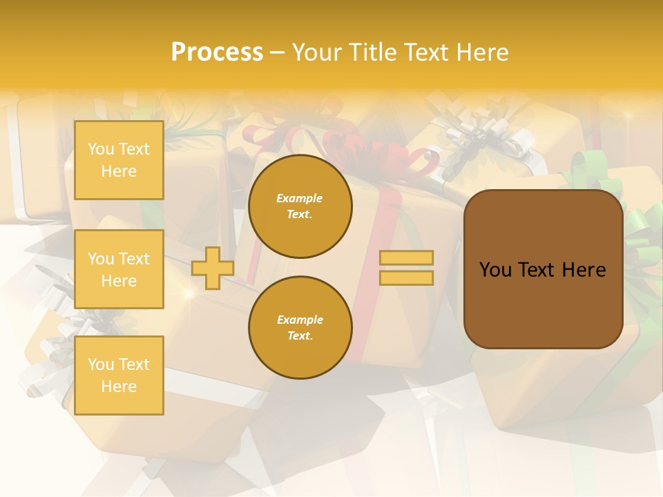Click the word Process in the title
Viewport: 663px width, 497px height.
pos(217,52)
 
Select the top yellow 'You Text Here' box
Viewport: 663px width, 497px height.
pos(119,160)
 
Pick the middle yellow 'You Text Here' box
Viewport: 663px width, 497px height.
pos(119,269)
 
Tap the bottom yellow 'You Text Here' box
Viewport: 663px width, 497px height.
pos(119,376)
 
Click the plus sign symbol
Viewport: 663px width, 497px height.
pos(212,269)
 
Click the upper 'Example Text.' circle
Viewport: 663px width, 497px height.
pos(300,206)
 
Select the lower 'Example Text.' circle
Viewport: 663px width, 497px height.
pos(300,328)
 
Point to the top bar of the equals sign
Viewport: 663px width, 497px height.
pos(406,258)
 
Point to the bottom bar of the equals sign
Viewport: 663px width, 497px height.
pos(406,278)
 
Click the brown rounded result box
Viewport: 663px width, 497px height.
pos(543,269)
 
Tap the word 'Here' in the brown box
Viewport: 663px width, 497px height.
pos(584,270)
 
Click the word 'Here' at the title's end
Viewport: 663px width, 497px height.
pos(481,52)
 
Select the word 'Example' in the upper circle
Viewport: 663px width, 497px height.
pos(299,199)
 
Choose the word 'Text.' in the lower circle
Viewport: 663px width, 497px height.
pos(300,336)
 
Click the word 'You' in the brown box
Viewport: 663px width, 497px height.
pos(495,270)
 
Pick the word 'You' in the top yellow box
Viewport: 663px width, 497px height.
pos(101,149)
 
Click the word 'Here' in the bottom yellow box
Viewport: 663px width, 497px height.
pos(119,387)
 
